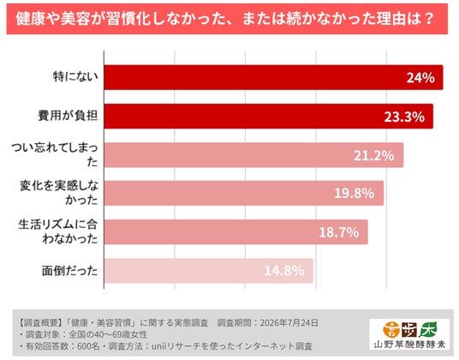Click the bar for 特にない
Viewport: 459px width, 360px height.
point(273,77)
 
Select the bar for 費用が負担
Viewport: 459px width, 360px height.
point(268,117)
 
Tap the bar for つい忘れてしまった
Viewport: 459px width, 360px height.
point(253,155)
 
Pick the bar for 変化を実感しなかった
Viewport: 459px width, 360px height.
point(244,193)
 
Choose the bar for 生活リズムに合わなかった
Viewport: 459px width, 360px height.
point(236,231)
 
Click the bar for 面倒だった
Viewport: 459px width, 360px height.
point(209,271)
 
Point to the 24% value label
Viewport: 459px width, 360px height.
point(420,78)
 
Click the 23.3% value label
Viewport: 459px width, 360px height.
point(404,117)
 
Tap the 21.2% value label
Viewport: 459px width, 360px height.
point(374,155)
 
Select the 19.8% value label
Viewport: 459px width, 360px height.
point(355,194)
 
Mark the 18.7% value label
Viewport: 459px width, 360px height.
point(339,232)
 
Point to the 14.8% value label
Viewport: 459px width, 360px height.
point(284,271)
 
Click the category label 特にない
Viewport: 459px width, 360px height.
point(75,77)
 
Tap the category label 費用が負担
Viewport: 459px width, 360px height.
point(68,116)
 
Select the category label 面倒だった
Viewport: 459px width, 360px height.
point(69,271)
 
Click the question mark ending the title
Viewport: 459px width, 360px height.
point(428,19)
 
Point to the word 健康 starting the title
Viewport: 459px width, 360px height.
point(27,19)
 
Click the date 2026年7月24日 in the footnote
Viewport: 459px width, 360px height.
point(289,323)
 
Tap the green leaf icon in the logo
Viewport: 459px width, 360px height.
point(428,329)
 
